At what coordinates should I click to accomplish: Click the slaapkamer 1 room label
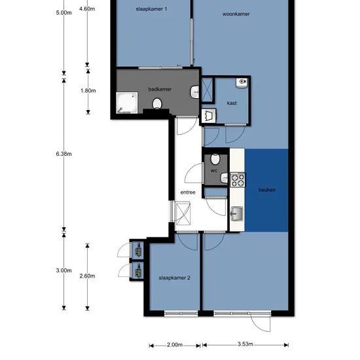pos(151,9)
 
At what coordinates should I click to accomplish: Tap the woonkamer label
pos(236,14)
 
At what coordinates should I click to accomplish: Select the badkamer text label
pos(160,89)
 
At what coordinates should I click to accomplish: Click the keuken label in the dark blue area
pos(267,190)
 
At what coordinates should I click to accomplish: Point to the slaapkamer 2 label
pos(175,278)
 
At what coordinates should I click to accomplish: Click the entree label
pos(188,192)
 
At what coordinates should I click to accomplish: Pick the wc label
pos(214,171)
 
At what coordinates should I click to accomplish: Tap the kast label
pos(232,103)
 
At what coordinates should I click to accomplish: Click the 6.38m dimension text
pos(64,154)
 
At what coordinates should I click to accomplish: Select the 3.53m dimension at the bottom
pos(245,344)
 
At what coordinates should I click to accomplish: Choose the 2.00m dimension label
pos(175,344)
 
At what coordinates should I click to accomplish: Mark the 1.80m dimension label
pos(88,91)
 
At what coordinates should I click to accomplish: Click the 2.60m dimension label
pos(87,276)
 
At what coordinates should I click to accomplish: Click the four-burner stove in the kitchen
pos(238,180)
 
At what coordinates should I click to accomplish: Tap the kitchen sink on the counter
pos(237,213)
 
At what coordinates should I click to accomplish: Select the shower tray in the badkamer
pos(127,103)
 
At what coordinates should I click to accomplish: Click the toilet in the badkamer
pos(157,104)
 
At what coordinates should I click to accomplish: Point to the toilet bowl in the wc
pos(215,159)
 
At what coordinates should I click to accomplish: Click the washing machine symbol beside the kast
pos(208,116)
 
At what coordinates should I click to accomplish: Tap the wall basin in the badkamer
pos(194,92)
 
